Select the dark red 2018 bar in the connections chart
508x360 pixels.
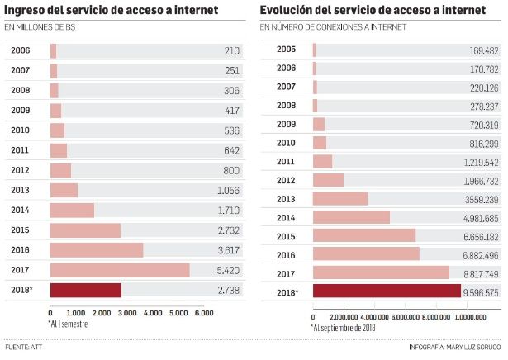click(x=387, y=291)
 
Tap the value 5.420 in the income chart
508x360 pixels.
click(x=225, y=269)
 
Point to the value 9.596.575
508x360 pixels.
click(x=481, y=291)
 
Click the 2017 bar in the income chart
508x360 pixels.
click(x=120, y=270)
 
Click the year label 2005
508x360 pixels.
click(x=286, y=50)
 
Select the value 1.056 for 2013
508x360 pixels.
click(x=226, y=190)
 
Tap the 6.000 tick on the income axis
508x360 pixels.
click(x=203, y=314)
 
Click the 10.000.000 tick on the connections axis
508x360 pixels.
click(x=469, y=316)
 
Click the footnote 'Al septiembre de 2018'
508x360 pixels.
click(x=344, y=327)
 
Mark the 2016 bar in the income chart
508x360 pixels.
click(x=97, y=249)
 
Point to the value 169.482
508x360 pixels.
click(x=483, y=50)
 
